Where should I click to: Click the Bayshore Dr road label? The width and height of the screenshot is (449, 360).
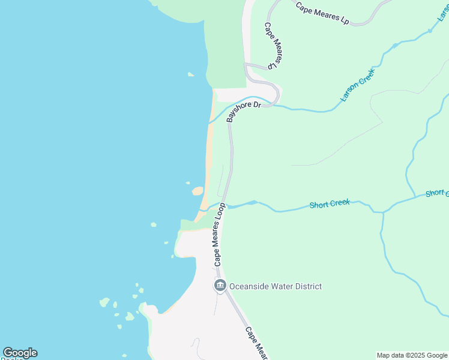point(244,112)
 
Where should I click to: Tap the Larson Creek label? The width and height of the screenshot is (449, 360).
point(357,85)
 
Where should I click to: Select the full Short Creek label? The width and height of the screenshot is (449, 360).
point(330,204)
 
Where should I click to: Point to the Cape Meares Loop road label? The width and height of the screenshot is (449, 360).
point(219,235)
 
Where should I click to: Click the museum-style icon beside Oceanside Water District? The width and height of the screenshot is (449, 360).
point(220,286)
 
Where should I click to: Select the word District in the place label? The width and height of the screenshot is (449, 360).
point(308,287)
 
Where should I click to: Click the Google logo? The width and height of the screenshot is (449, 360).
point(20,353)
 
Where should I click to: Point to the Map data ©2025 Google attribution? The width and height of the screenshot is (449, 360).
point(412,355)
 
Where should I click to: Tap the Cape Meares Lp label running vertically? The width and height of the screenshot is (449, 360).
point(273,46)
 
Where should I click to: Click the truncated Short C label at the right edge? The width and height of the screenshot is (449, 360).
point(438,193)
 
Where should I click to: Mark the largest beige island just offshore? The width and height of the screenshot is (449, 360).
point(197,191)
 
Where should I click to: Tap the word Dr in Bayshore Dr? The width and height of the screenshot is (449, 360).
point(256,105)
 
